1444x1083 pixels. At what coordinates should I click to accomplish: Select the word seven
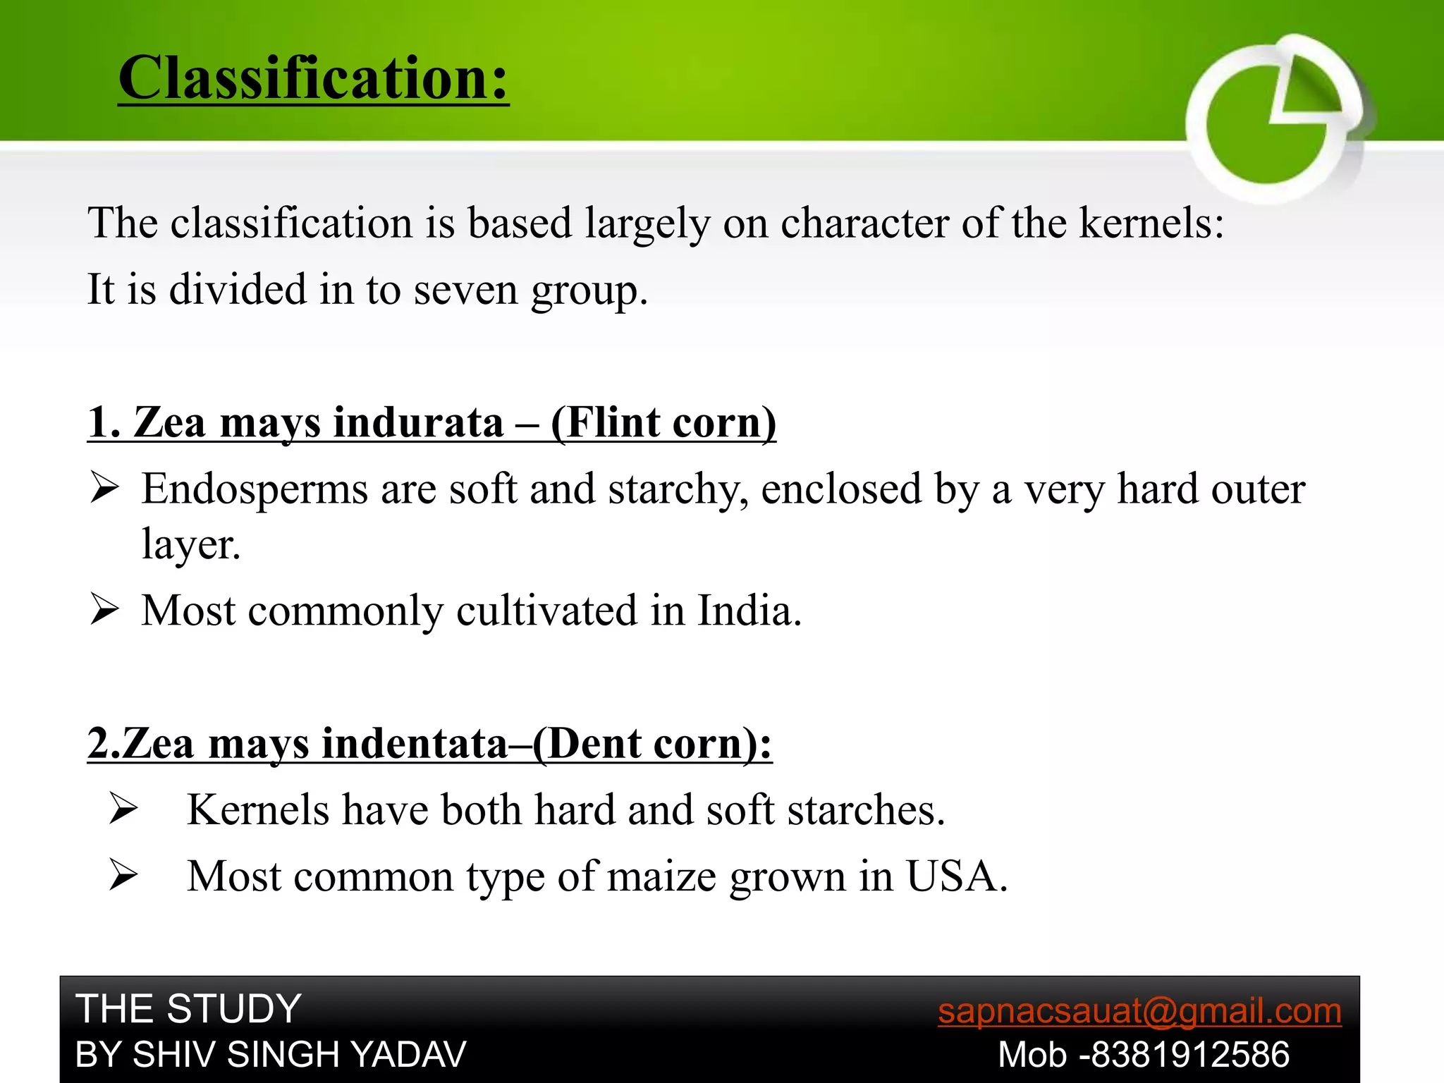(x=465, y=290)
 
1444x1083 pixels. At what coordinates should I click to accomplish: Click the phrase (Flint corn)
(x=663, y=423)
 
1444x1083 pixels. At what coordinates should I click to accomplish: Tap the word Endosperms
(x=254, y=489)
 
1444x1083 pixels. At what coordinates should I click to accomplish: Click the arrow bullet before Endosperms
(x=104, y=488)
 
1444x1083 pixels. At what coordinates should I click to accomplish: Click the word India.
(x=749, y=611)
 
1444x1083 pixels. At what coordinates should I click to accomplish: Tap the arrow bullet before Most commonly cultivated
(x=104, y=610)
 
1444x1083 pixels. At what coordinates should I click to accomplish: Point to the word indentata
(x=415, y=744)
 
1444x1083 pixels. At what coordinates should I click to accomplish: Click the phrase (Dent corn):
(x=652, y=744)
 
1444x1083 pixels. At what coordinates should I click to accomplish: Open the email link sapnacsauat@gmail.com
(x=1139, y=1011)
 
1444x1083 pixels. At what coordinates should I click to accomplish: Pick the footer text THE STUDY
(x=188, y=1009)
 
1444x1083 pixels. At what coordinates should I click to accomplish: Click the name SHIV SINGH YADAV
(x=299, y=1056)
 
